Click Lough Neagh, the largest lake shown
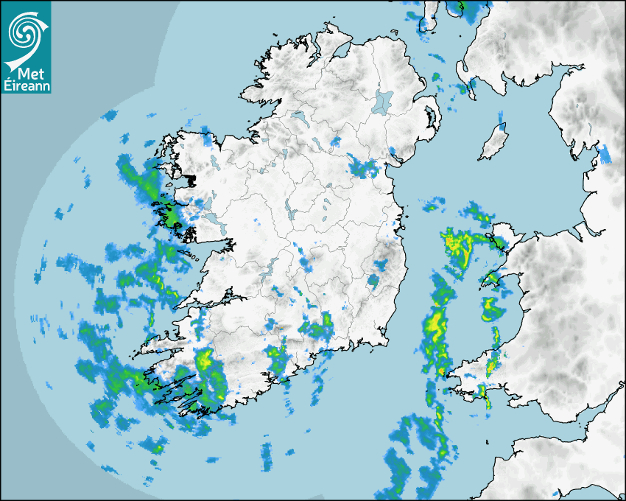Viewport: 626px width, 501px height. click(384, 101)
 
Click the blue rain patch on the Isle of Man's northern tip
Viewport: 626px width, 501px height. click(502, 118)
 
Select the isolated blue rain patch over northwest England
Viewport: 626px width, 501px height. click(604, 153)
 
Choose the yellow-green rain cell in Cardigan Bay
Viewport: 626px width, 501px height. click(489, 307)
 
